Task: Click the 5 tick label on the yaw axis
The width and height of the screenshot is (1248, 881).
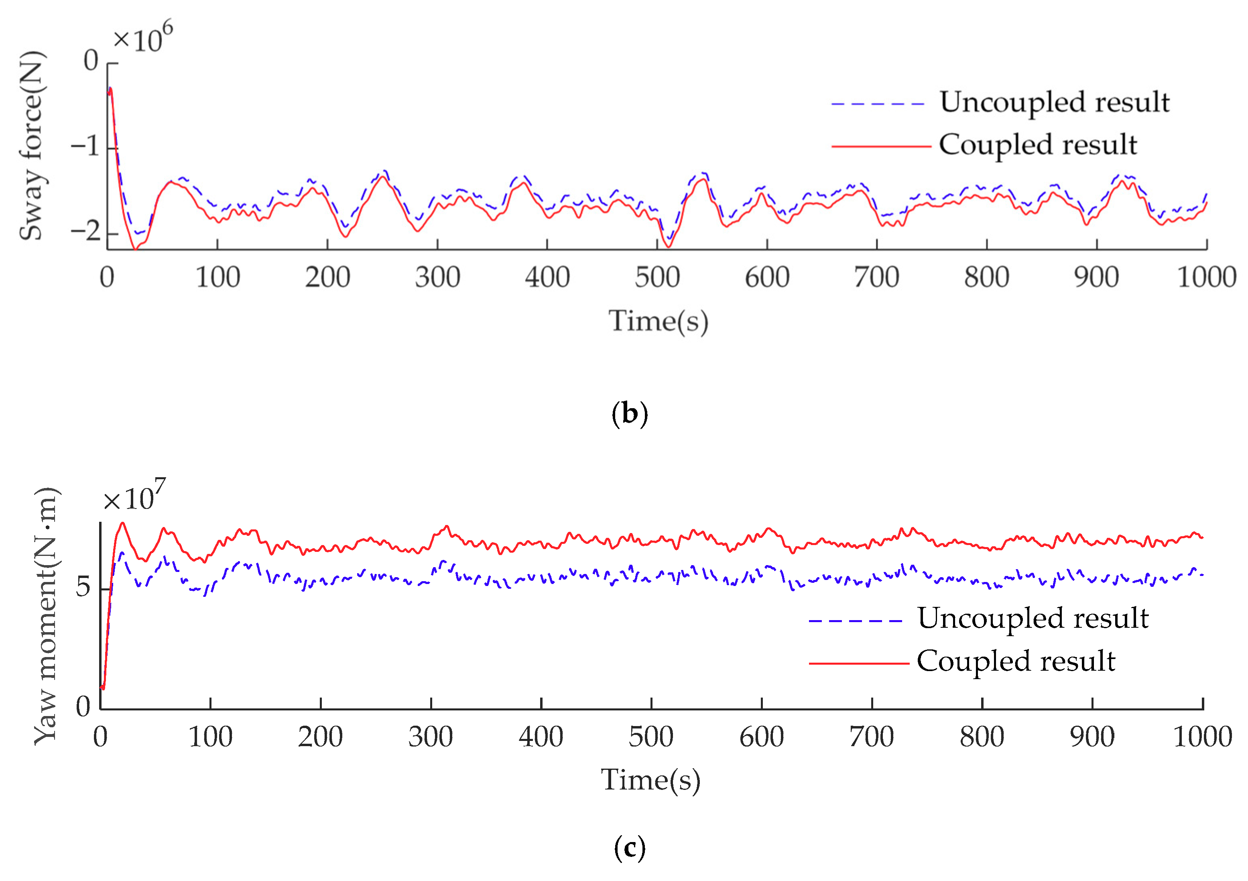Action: coord(83,587)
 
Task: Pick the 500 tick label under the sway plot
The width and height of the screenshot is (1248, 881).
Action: coord(657,277)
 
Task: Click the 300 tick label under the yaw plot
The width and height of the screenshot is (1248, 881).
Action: coord(431,737)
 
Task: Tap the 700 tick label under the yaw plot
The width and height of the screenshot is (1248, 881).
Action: coord(871,737)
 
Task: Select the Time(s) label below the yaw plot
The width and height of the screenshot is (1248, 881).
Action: coord(650,780)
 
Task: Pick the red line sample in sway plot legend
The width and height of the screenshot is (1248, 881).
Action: coord(880,146)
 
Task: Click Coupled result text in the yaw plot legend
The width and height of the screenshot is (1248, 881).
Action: coord(1015,661)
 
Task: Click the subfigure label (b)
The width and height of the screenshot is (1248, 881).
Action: coord(630,414)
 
